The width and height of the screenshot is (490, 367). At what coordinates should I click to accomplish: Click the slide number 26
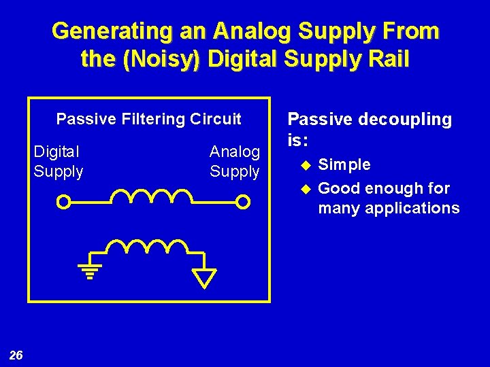click(16, 355)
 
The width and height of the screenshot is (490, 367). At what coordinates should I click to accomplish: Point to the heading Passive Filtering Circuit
click(148, 120)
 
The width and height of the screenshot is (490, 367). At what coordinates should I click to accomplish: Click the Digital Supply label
click(59, 162)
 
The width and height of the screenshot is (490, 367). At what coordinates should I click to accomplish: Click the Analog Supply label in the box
click(234, 162)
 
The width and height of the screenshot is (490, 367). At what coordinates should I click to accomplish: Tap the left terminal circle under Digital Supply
click(63, 202)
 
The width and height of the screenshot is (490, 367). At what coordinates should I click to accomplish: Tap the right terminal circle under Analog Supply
click(243, 202)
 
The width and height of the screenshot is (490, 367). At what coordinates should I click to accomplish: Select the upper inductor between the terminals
click(152, 196)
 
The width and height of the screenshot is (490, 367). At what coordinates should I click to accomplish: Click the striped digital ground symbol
click(90, 270)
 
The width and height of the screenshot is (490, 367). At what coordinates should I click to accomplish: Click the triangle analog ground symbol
click(204, 277)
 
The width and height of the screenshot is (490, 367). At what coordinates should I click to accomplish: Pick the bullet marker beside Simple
click(306, 164)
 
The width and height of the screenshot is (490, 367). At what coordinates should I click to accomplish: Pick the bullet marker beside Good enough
click(306, 188)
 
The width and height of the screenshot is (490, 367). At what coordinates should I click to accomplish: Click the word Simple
click(344, 164)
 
